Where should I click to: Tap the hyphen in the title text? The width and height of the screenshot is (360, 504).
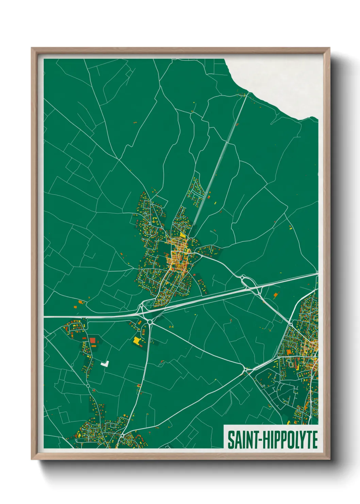(x=260, y=441)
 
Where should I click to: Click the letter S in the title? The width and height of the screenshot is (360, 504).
(x=230, y=440)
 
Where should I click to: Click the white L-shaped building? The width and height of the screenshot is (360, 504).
(x=105, y=364)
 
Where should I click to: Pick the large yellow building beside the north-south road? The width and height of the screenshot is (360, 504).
(x=137, y=341)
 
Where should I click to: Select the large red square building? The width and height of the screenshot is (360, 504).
(x=93, y=340)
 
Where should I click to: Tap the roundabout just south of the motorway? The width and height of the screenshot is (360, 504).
(x=150, y=322)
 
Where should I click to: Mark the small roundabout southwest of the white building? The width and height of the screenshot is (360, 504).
(x=88, y=386)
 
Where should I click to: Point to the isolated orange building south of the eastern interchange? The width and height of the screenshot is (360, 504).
(x=275, y=295)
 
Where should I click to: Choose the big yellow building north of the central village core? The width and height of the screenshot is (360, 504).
(x=183, y=235)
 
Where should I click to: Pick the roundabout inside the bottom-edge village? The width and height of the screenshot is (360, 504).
(x=122, y=436)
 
